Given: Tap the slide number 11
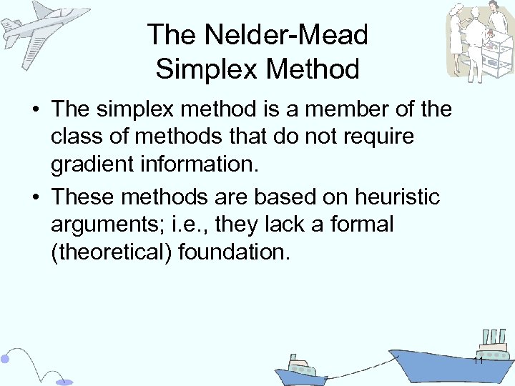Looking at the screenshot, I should tap(479, 360).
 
